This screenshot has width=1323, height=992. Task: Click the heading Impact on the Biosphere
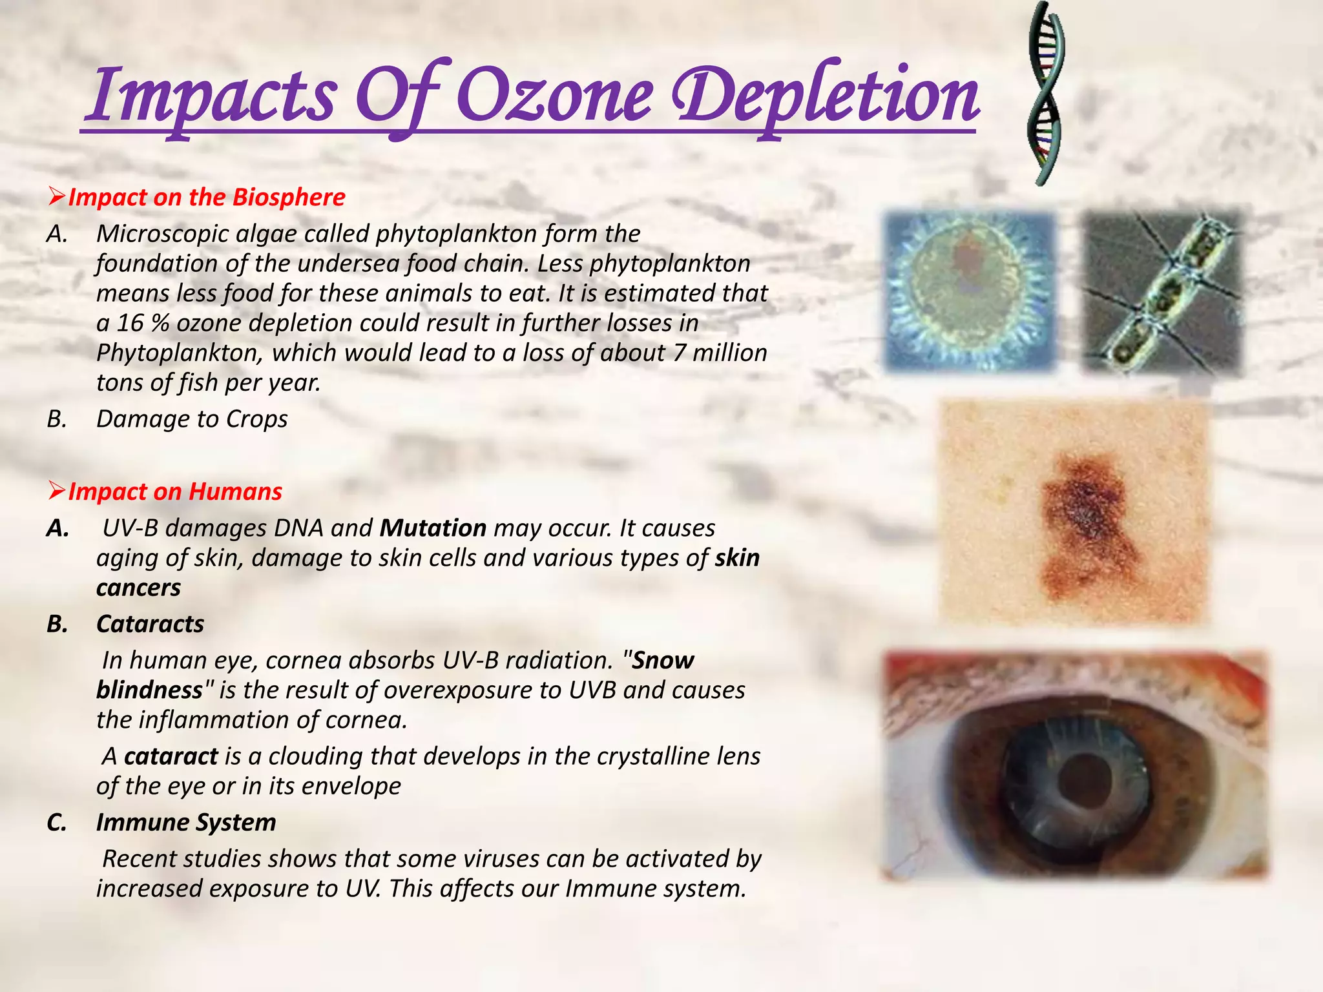click(x=207, y=197)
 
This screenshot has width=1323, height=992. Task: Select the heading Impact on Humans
click(x=175, y=491)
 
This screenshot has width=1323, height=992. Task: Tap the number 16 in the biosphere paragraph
click(x=130, y=323)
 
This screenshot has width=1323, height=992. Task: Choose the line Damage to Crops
click(x=192, y=419)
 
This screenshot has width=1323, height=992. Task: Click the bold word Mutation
click(x=433, y=528)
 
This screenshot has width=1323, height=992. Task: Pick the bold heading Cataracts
click(x=150, y=624)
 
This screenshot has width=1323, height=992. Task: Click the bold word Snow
click(x=663, y=660)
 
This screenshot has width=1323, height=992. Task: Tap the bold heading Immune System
click(x=186, y=822)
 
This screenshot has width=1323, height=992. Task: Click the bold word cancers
click(x=138, y=588)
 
